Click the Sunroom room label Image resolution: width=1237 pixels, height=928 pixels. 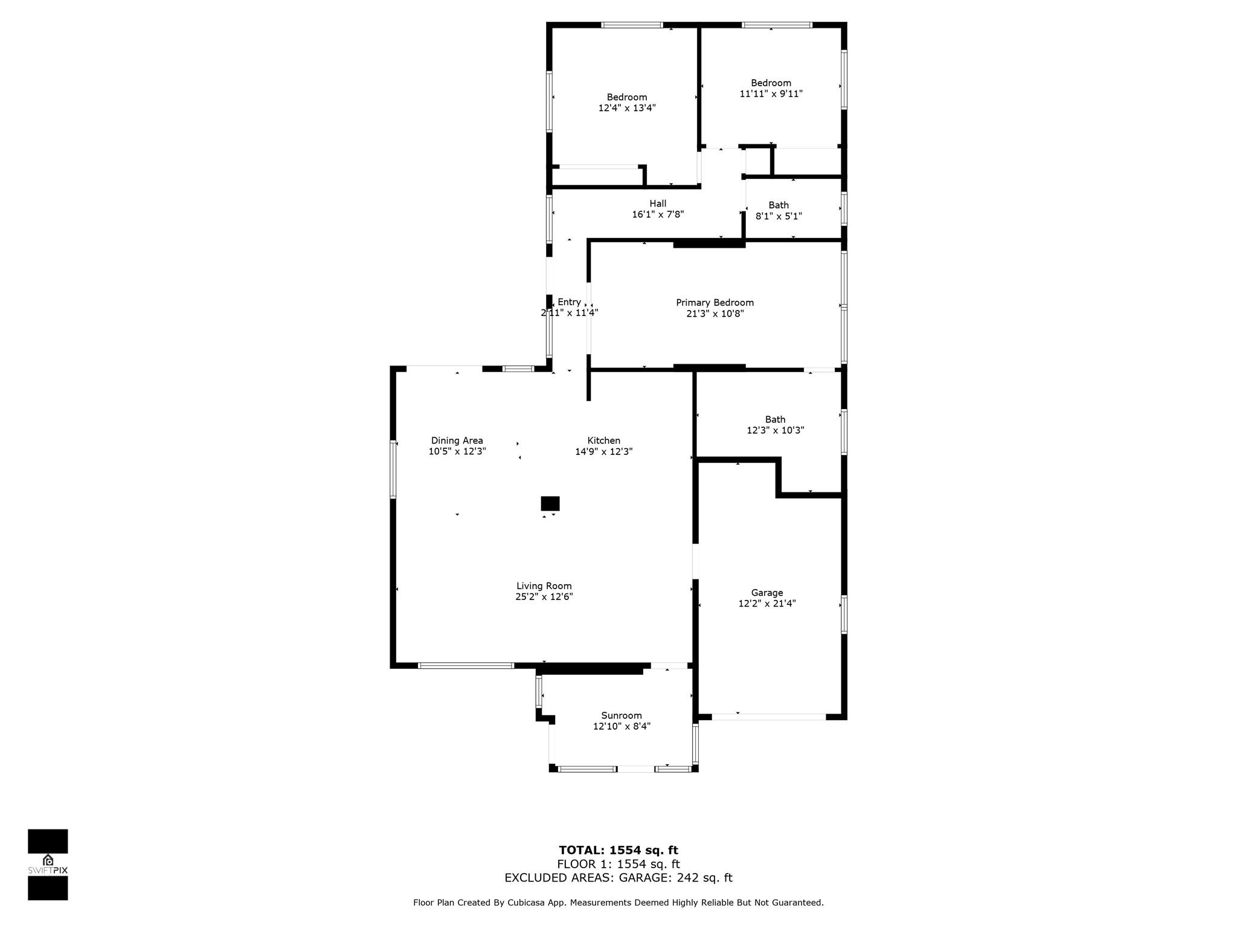pos(622,715)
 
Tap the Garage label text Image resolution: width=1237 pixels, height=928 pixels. pos(767,593)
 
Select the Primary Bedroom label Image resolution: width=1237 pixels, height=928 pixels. pos(715,303)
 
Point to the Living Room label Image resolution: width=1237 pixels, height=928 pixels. pos(544,586)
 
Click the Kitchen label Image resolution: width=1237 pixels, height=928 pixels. pos(603,440)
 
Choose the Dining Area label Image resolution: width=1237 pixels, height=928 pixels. pos(457,441)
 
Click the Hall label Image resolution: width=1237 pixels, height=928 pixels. pos(658,204)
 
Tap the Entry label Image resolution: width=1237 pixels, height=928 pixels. pos(569,302)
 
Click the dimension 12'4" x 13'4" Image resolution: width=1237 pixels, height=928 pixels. pos(627,108)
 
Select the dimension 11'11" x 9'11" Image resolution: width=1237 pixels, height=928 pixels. pos(771,94)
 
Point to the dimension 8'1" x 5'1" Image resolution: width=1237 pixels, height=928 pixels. pos(779,216)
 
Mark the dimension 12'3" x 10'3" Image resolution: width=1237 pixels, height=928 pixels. pos(776,430)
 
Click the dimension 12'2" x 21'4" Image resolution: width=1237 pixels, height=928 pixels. pos(767,604)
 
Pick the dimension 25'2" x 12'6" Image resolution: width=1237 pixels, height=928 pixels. pos(544,597)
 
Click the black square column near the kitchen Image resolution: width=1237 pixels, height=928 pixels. pos(550,503)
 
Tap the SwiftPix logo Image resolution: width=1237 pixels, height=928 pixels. pos(48,865)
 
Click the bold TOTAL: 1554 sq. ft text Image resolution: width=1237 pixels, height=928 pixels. pos(618,851)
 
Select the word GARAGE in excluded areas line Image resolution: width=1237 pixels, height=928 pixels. pos(641,878)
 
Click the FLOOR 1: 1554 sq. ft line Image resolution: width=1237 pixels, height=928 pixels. pos(618,865)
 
